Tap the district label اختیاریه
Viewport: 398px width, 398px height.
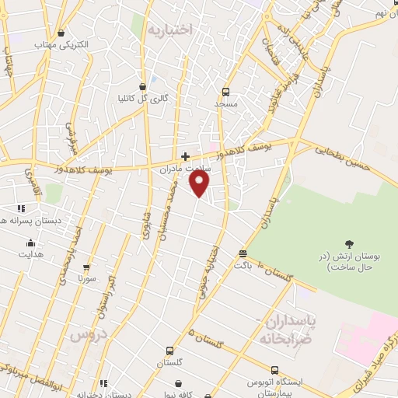(x=169, y=30)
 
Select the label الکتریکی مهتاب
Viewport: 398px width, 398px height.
(x=62, y=44)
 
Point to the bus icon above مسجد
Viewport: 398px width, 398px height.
(x=225, y=90)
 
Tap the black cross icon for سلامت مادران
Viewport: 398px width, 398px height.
(x=185, y=156)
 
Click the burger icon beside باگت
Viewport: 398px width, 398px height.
(x=243, y=253)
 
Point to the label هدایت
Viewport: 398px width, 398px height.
(x=32, y=254)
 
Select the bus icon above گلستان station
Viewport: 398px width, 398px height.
(x=169, y=351)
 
